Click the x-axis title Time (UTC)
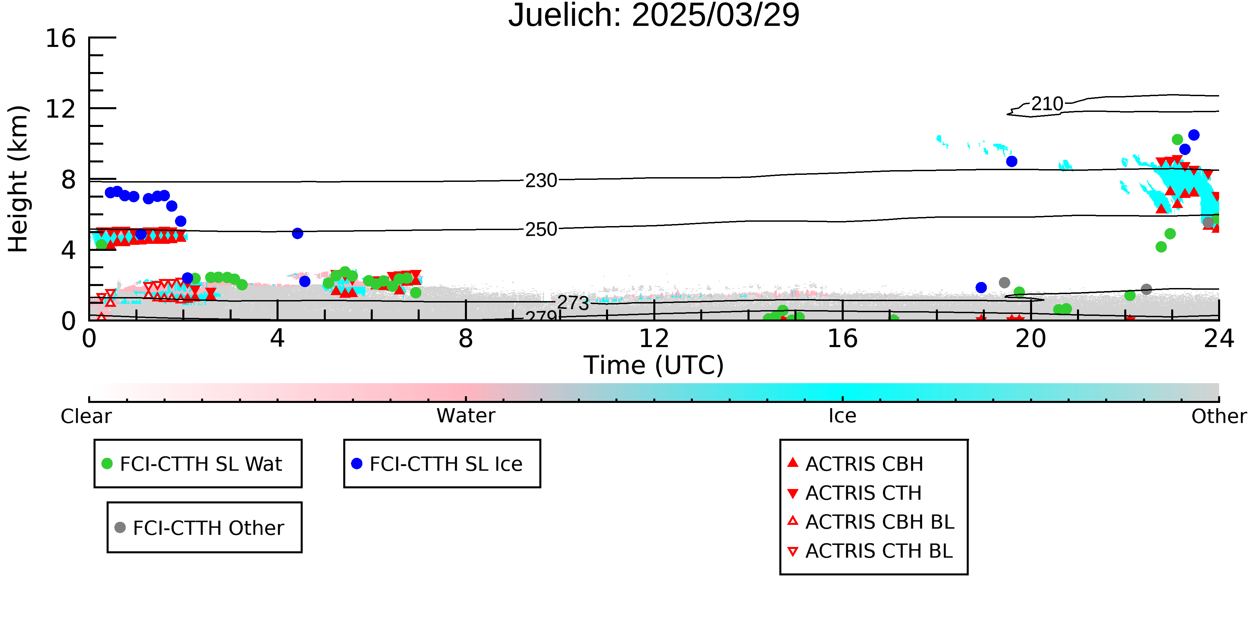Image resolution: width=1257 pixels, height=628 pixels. point(654,365)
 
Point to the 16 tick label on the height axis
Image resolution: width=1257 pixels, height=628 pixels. point(61,38)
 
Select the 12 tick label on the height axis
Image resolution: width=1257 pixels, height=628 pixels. point(61,109)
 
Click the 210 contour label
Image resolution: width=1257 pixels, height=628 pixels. point(1047,104)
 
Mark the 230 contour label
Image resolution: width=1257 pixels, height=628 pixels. point(541,181)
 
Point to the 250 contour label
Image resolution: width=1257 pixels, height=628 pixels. point(541,229)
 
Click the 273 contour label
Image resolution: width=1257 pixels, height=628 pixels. point(574,303)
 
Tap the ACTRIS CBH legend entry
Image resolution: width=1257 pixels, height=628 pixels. point(855,464)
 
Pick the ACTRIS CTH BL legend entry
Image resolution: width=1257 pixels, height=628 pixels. point(870,551)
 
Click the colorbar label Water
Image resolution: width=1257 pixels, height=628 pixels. point(466,416)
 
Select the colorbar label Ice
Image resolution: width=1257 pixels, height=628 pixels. point(842,416)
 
